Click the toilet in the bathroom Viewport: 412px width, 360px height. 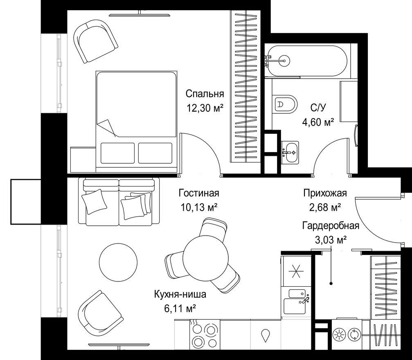click(x=285, y=104)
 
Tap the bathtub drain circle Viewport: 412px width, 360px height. click(x=284, y=61)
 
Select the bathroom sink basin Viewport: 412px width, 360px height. click(x=290, y=153)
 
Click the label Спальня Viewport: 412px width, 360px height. click(x=205, y=94)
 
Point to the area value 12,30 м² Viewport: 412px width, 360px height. click(x=205, y=108)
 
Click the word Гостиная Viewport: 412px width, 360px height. click(x=199, y=193)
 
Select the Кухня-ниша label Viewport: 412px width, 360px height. click(x=180, y=294)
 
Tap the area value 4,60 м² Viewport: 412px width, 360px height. click(x=318, y=122)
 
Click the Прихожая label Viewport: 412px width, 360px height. click(x=325, y=193)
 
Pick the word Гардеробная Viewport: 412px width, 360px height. click(x=331, y=225)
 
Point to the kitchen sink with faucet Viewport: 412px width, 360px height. click(x=296, y=301)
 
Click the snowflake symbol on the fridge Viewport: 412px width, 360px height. click(x=296, y=272)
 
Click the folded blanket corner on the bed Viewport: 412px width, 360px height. click(x=106, y=128)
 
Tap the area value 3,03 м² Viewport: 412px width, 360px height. click(x=331, y=239)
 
